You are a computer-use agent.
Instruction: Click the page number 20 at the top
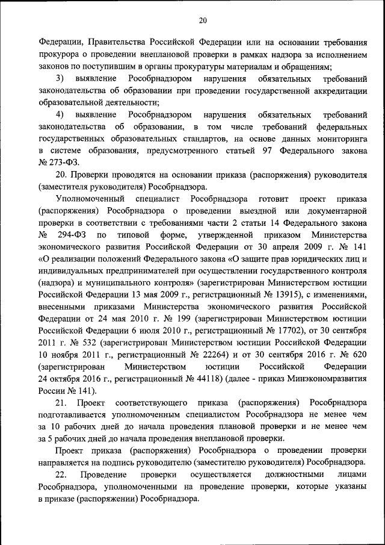(203, 20)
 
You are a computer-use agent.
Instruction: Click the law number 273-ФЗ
(65, 163)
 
